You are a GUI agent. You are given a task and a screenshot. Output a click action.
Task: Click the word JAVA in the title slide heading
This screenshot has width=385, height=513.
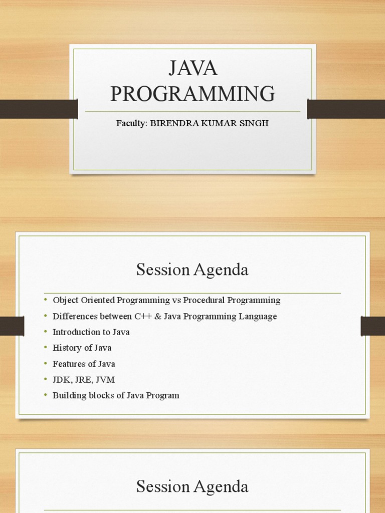193,69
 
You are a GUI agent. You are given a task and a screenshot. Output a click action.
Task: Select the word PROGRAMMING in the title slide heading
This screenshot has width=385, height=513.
193,94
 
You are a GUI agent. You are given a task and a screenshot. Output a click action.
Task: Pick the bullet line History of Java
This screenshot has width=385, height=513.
82,348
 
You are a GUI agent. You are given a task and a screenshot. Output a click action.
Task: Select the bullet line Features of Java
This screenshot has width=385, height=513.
84,364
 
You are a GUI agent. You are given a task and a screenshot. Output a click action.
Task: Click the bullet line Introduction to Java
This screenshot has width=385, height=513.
91,332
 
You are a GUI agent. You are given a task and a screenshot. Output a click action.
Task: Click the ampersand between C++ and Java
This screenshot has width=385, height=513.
157,317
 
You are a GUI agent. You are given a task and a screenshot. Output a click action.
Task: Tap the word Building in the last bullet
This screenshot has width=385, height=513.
68,395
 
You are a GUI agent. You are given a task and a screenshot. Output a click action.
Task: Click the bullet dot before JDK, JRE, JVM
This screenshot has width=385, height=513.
45,379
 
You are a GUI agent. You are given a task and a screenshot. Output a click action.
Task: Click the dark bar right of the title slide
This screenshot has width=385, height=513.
346,109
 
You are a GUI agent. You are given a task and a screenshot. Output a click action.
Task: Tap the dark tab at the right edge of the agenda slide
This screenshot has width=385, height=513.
372,326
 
